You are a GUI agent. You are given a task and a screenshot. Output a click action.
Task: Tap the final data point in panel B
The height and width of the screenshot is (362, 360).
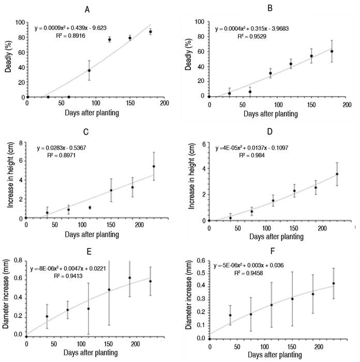tap(332, 51)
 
